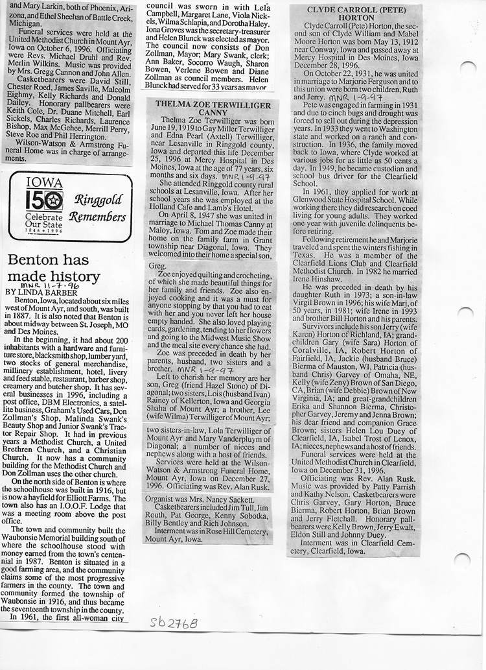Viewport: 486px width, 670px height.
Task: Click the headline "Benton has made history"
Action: [x=53, y=269]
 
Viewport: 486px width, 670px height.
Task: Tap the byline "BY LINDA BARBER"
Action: [x=41, y=292]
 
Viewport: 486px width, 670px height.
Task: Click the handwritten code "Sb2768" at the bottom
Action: [x=173, y=622]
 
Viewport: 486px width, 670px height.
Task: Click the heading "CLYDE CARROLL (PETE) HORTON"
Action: [x=354, y=16]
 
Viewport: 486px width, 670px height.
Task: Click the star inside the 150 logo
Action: [x=54, y=200]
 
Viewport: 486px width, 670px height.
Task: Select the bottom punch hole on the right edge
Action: [x=462, y=560]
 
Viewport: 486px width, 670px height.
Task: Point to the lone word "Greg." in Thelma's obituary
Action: [x=157, y=266]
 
